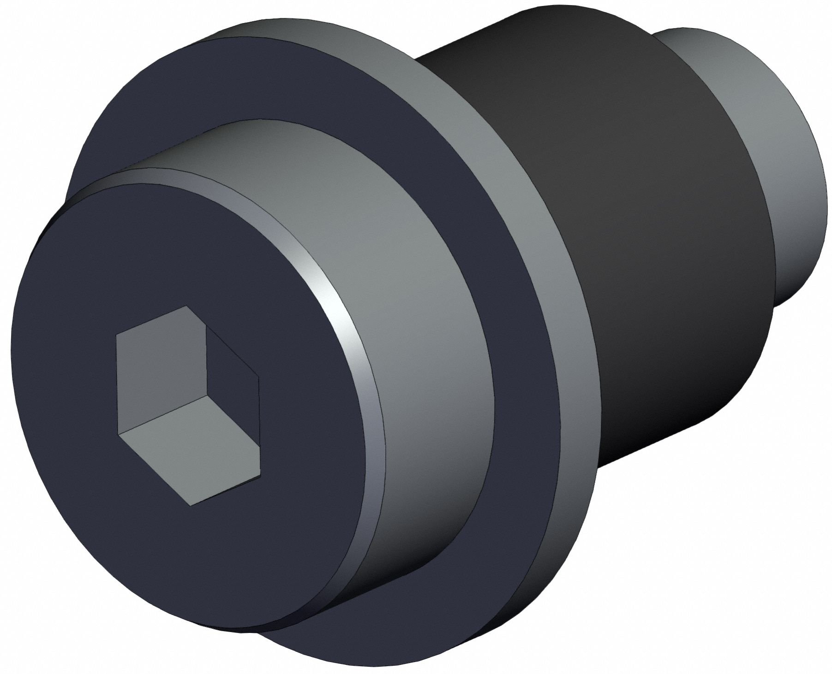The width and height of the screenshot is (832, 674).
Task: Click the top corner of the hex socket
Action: point(186,306)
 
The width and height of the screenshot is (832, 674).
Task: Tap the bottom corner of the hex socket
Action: point(190,506)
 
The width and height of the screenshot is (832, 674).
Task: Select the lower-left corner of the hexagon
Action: point(119,433)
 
